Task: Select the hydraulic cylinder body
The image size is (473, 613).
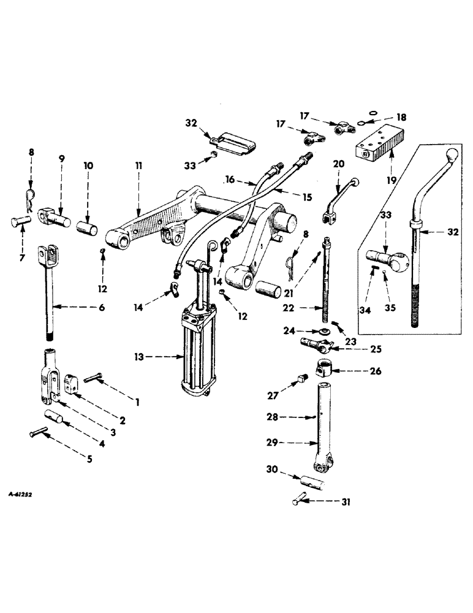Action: [194, 353]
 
